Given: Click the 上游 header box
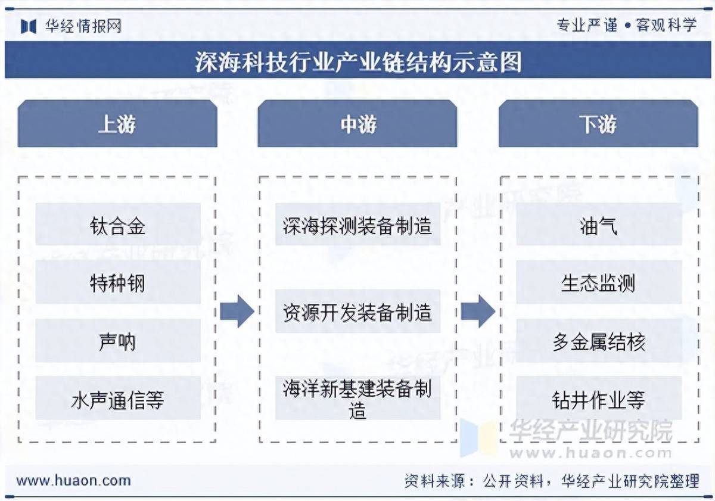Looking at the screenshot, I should [117, 124].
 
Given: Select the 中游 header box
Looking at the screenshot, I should [357, 124].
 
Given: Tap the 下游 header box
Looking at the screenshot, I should [598, 124].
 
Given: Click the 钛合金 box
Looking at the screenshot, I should [117, 225].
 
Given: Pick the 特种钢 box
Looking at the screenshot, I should [117, 283].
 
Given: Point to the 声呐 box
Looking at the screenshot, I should [117, 341].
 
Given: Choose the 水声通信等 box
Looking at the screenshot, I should [117, 399].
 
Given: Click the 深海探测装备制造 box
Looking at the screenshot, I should [357, 225].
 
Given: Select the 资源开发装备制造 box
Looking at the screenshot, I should [357, 312].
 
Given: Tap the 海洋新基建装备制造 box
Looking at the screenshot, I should [357, 399].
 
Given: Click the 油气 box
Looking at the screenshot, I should [598, 225].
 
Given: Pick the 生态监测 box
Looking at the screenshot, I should [598, 283].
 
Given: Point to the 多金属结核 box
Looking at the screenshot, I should [598, 341].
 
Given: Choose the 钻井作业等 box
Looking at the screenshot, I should [598, 399].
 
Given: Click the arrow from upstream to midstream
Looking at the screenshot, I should [237, 311].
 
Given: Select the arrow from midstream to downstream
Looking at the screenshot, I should [478, 311].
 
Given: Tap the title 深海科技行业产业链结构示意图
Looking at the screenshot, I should [357, 61].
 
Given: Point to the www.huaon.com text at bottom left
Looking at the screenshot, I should [73, 480].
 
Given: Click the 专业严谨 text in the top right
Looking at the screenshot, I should [587, 25].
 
